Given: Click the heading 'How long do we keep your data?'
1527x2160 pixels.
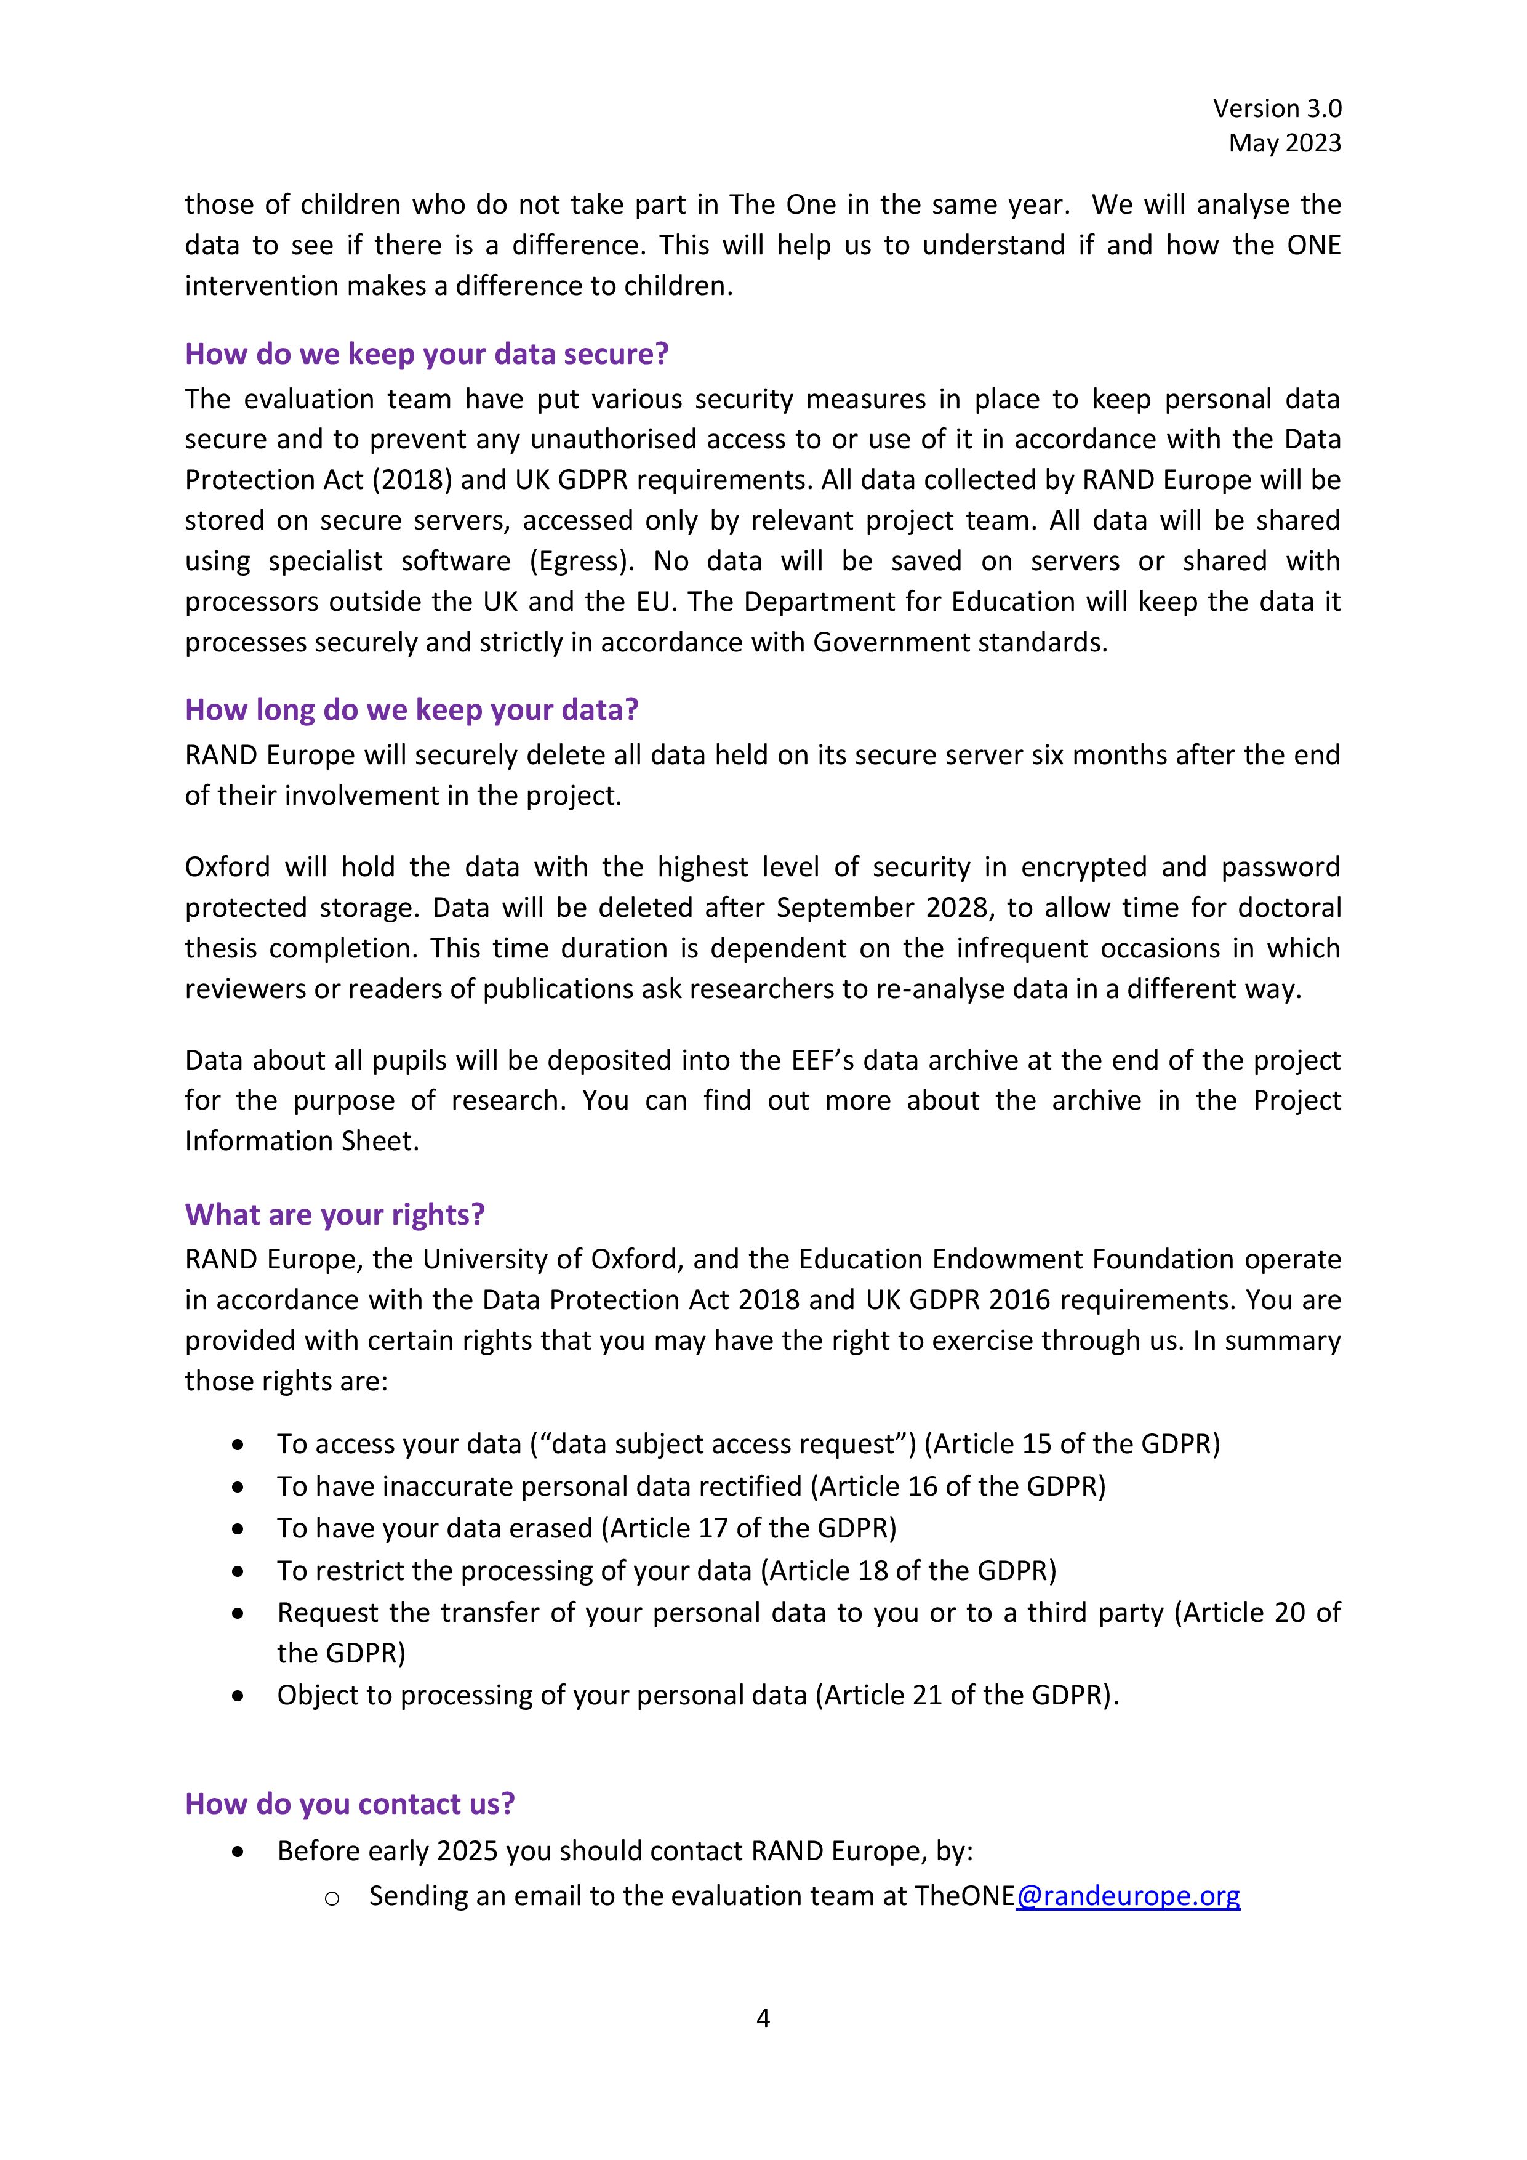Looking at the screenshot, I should (411, 709).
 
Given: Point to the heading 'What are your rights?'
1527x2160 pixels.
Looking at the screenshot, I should (335, 1214).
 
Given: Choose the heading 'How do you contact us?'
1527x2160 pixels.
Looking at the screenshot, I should (350, 1803).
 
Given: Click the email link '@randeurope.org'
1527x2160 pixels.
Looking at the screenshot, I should (1128, 1896).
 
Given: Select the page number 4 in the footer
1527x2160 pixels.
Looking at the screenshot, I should (763, 2018).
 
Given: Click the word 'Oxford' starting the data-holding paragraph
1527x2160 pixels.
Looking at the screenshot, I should (226, 868).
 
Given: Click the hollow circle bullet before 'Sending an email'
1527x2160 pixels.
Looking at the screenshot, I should (331, 1898).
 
